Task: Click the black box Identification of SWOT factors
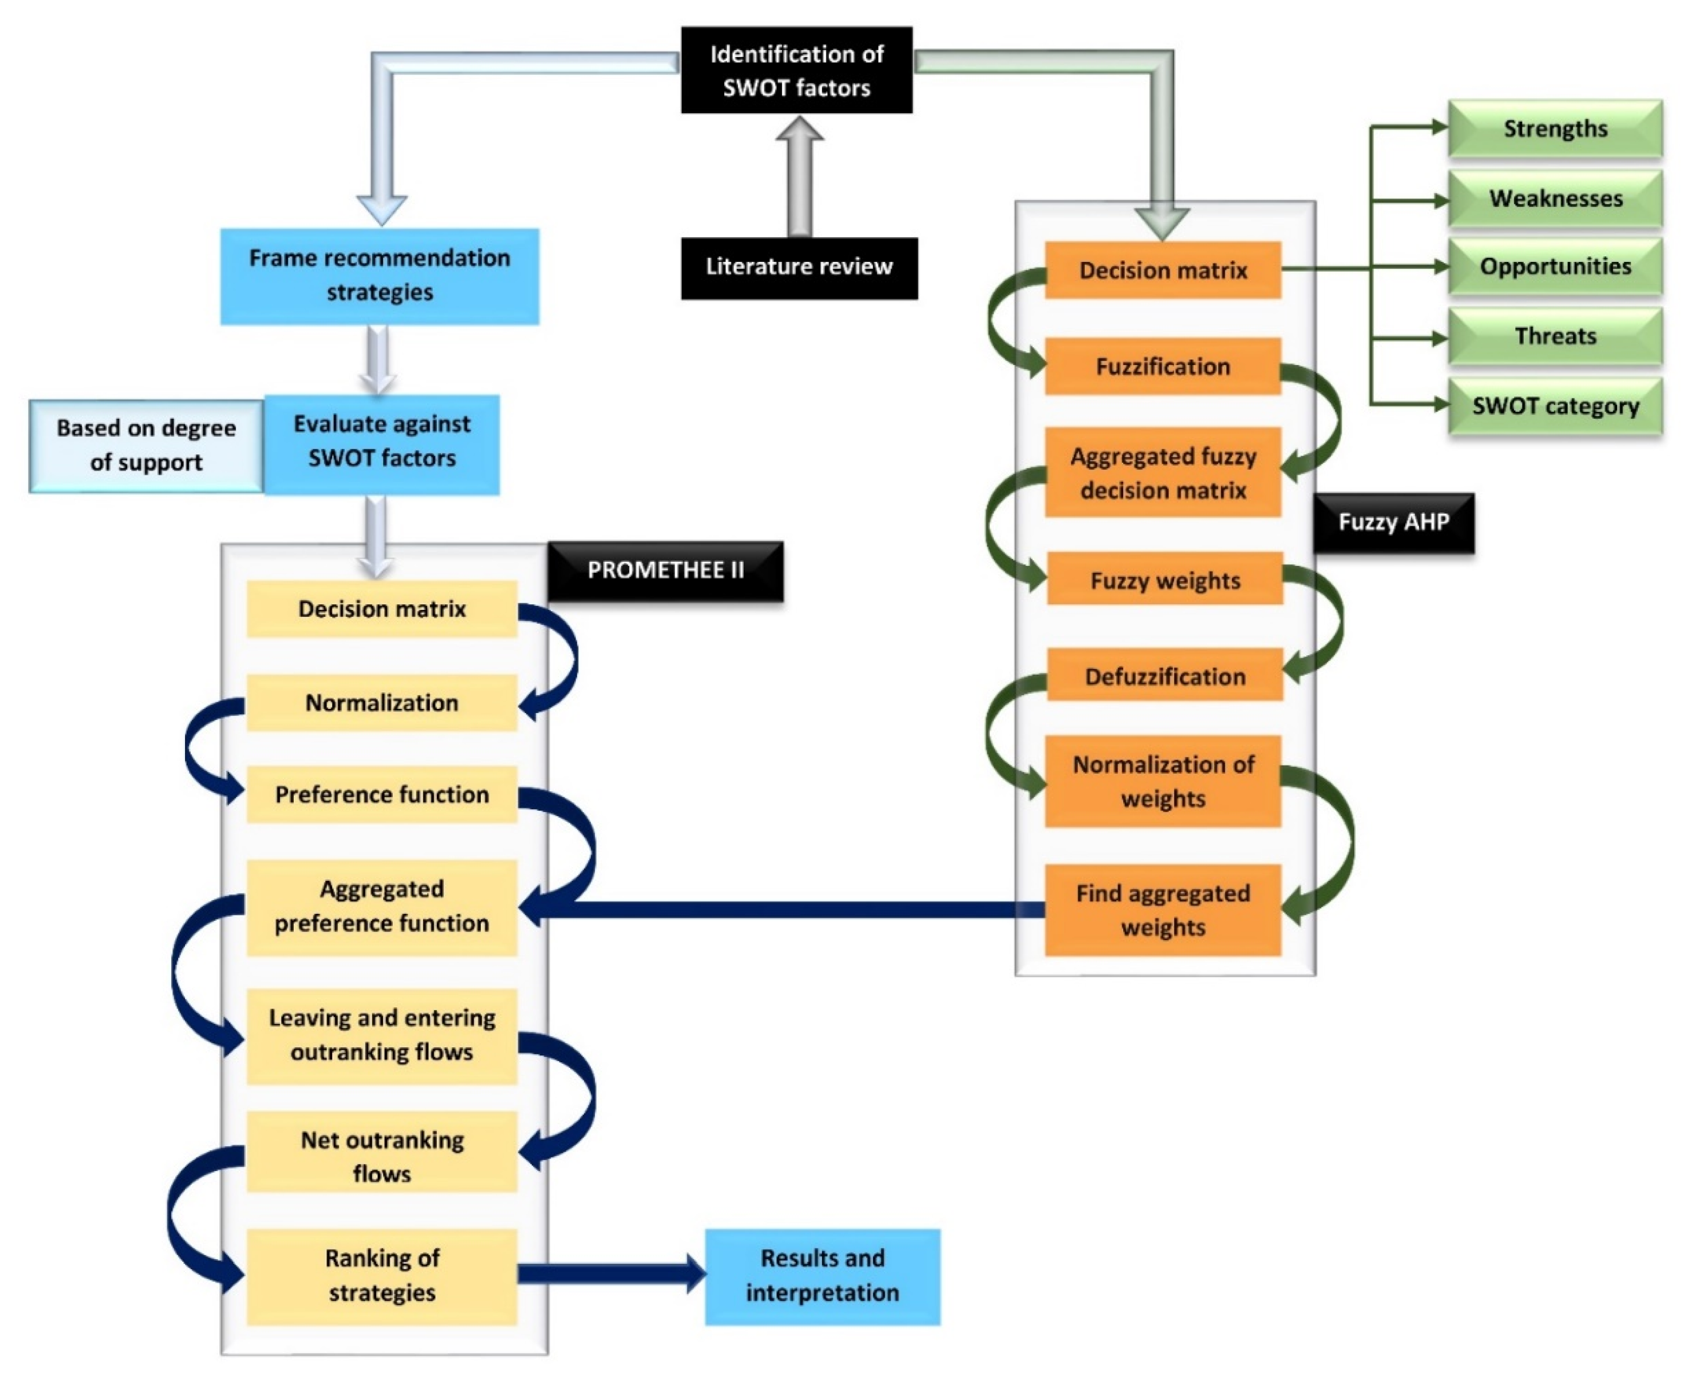coord(796,70)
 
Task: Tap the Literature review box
coord(798,267)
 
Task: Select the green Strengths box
coord(1554,128)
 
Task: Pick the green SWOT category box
coord(1554,406)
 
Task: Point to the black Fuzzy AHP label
coord(1393,522)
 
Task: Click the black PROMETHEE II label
coord(665,570)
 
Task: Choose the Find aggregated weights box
coord(1162,910)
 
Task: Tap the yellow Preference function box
coord(381,794)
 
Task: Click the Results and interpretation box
coord(821,1276)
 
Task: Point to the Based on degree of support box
coord(146,445)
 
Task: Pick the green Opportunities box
coord(1554,266)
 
